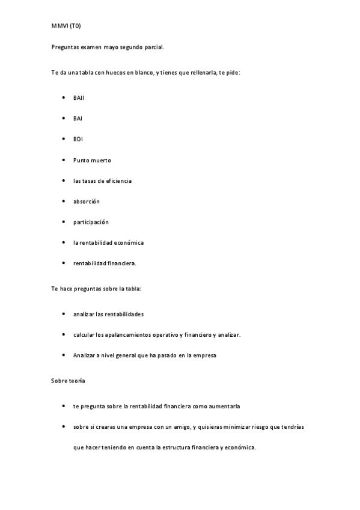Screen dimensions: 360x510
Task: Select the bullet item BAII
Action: tap(79, 97)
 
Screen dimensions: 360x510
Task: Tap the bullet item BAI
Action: tap(78, 118)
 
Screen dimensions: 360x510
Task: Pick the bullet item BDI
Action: tap(78, 140)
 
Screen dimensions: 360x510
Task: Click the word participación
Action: tap(91, 222)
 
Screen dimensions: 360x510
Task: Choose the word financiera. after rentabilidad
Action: tap(121, 263)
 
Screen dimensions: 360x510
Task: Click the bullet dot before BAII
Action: tap(64, 97)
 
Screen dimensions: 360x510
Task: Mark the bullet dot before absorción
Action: tap(64, 201)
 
